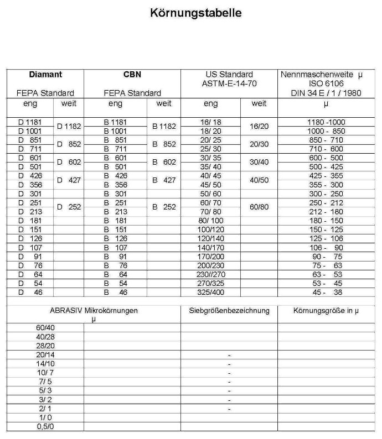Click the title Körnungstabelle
click(196, 13)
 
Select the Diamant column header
click(45, 74)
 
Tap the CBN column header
click(132, 74)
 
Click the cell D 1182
click(69, 127)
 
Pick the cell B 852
click(164, 144)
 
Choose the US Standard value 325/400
click(210, 292)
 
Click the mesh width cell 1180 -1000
click(326, 122)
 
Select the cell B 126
click(115, 238)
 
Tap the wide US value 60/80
click(259, 207)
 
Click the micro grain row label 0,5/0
click(45, 427)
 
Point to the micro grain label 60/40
click(45, 327)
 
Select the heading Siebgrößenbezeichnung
click(229, 311)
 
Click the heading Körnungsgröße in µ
click(326, 311)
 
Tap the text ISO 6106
click(326, 83)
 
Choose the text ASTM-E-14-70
click(228, 83)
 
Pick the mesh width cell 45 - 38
click(326, 292)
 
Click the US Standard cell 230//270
click(210, 274)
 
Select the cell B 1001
click(115, 131)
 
